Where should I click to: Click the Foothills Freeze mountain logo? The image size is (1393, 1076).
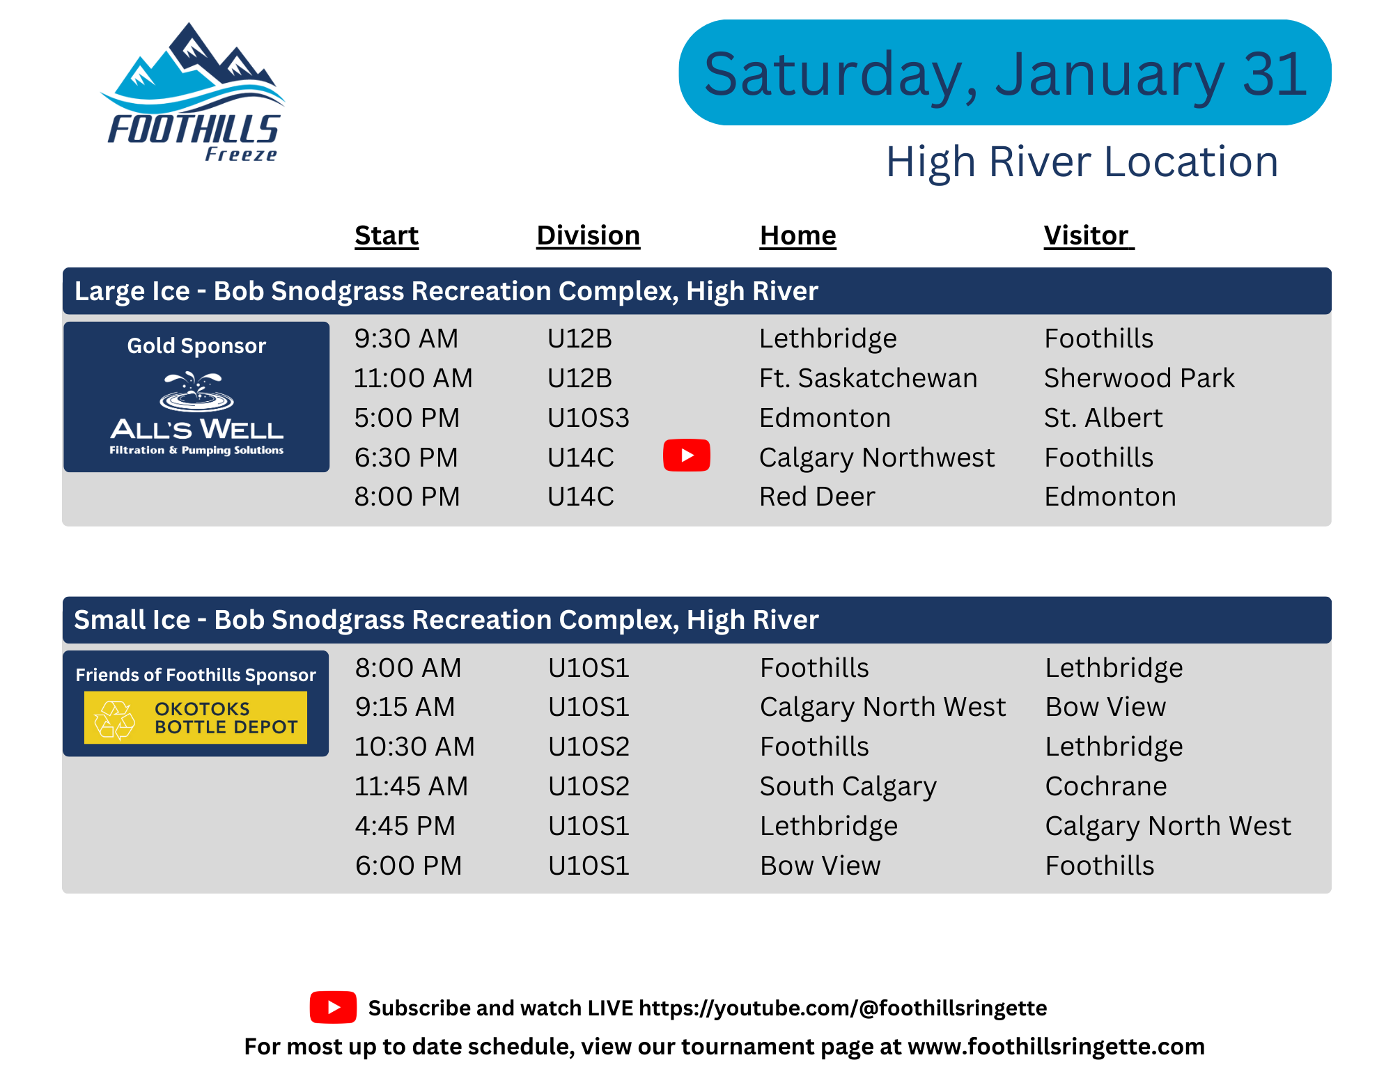click(193, 93)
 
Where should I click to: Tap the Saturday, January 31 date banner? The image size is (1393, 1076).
click(1005, 72)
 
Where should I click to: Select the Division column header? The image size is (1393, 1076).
click(589, 235)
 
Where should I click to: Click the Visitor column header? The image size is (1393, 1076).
click(1089, 235)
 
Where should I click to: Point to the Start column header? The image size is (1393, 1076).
click(387, 235)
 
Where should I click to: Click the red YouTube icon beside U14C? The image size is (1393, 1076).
click(687, 455)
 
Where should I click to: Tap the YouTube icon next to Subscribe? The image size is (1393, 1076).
click(333, 1007)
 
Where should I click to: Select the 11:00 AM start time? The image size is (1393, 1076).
click(413, 378)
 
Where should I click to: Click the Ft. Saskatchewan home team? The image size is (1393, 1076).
click(869, 378)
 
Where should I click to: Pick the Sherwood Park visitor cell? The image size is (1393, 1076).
click(1139, 378)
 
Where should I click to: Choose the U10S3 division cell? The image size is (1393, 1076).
click(589, 418)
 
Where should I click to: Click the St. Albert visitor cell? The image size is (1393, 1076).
click(1103, 418)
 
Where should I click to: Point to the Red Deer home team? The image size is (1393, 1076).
click(817, 497)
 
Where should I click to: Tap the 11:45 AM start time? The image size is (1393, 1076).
click(411, 786)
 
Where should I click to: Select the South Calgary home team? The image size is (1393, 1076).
click(848, 787)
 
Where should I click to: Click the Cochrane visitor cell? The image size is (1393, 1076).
click(1106, 786)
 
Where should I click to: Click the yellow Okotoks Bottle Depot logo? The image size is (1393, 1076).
click(196, 717)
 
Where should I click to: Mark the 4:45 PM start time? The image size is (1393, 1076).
click(405, 826)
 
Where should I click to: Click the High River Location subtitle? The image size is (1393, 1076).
click(1082, 162)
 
